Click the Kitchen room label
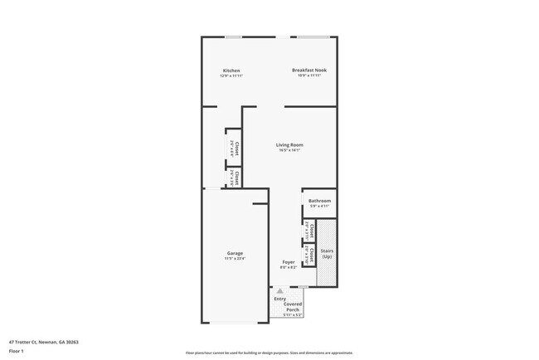[x=231, y=71]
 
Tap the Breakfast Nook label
[x=308, y=71]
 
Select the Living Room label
[x=289, y=145]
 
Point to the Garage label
[x=236, y=253]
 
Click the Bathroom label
[x=320, y=201]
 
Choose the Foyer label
[x=288, y=262]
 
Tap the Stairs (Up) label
[x=327, y=253]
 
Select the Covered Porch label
[x=294, y=307]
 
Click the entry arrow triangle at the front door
[x=279, y=291]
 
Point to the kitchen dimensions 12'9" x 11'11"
[x=231, y=76]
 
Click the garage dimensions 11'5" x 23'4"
[x=235, y=259]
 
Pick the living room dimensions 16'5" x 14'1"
[x=289, y=150]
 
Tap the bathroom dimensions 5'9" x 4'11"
[x=320, y=206]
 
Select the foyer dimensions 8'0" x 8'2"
[x=288, y=267]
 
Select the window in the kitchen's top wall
[x=233, y=36]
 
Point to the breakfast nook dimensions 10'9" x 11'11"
[x=308, y=76]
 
